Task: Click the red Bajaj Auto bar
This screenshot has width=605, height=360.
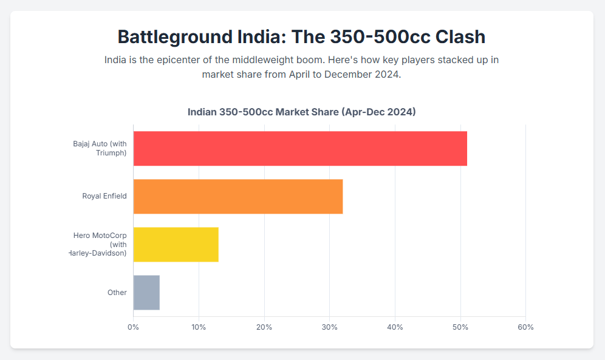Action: pyautogui.click(x=300, y=148)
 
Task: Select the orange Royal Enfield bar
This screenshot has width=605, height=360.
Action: pyautogui.click(x=238, y=196)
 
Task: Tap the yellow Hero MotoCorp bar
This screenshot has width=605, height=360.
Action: pyautogui.click(x=176, y=244)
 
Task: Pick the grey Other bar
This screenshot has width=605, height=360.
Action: pyautogui.click(x=146, y=292)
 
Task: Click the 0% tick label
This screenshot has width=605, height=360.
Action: pyautogui.click(x=133, y=327)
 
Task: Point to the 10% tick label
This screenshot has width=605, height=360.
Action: pyautogui.click(x=199, y=327)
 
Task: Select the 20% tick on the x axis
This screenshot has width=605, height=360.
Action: pyautogui.click(x=264, y=327)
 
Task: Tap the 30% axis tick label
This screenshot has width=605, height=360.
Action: pyautogui.click(x=329, y=327)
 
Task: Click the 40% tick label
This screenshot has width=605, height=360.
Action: pyautogui.click(x=395, y=327)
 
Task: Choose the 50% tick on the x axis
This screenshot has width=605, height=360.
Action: pyautogui.click(x=460, y=327)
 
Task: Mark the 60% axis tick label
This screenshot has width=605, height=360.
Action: pyautogui.click(x=525, y=327)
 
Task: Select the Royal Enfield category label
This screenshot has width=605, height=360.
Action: pyautogui.click(x=104, y=196)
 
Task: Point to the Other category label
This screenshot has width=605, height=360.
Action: pyautogui.click(x=117, y=292)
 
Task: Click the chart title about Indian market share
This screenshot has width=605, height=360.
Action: pyautogui.click(x=301, y=112)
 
